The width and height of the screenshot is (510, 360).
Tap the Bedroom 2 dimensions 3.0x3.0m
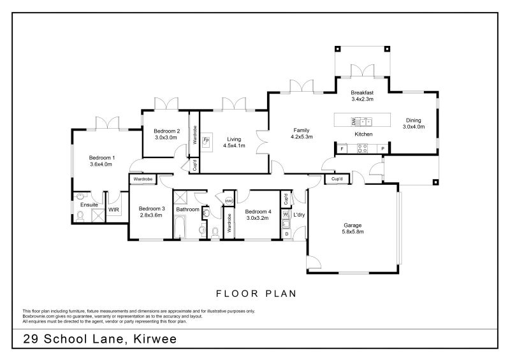[166, 137]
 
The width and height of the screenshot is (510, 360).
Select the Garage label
[353, 225]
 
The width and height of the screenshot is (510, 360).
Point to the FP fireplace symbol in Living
[206, 141]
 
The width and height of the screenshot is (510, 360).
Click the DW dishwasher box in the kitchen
[352, 121]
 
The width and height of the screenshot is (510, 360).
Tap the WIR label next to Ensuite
[114, 209]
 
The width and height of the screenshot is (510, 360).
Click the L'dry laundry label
[299, 215]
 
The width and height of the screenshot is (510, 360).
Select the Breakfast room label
[361, 92]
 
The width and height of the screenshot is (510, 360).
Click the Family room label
[301, 129]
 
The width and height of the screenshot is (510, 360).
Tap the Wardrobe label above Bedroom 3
[143, 180]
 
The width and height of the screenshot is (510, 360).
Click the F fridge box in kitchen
[342, 149]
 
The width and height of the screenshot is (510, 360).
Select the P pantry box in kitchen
[382, 149]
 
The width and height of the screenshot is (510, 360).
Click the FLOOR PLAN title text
[255, 293]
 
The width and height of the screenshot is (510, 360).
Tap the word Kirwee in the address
[154, 340]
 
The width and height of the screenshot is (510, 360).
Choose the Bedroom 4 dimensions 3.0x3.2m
[258, 218]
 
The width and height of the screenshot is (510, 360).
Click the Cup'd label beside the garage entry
[337, 179]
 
